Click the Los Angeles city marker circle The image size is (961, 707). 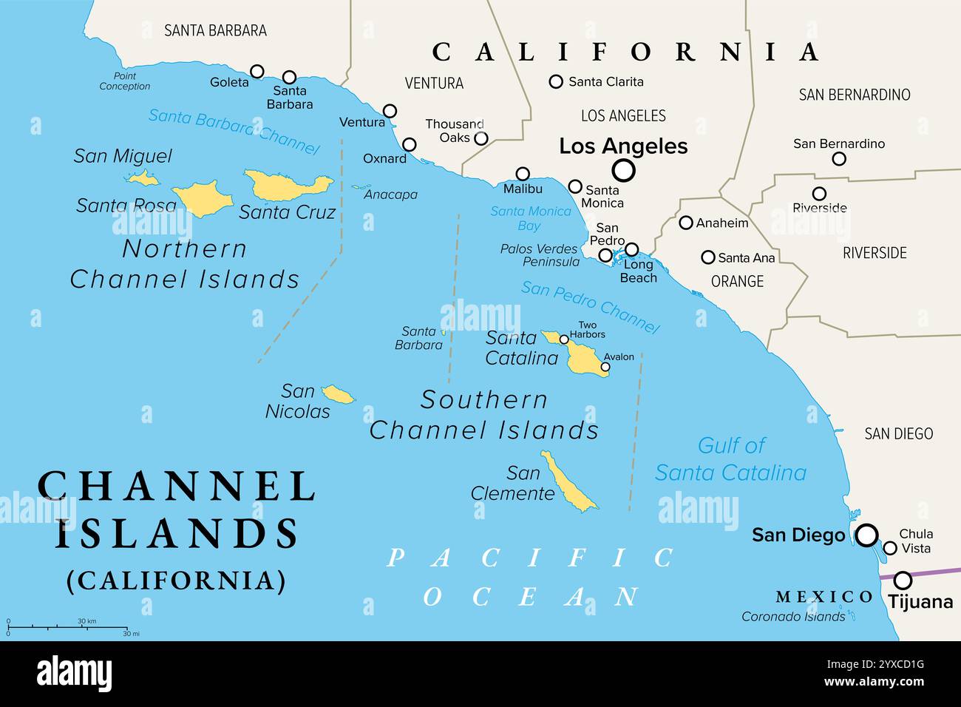(x=624, y=171)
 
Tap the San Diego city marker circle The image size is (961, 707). (x=866, y=535)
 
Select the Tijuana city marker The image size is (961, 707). (x=903, y=580)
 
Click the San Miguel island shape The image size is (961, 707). (x=141, y=177)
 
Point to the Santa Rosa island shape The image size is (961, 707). (x=203, y=198)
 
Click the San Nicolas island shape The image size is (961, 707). (x=339, y=394)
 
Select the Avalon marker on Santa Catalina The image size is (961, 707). (x=605, y=367)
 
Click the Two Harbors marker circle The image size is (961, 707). (x=564, y=339)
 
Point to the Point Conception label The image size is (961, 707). (x=125, y=81)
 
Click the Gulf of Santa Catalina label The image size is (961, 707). (x=730, y=459)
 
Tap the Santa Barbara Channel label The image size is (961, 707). (x=234, y=131)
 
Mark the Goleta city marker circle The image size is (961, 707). (x=257, y=71)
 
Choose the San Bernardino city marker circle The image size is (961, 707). (x=839, y=158)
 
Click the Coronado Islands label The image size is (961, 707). (x=792, y=616)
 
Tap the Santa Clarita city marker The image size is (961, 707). (x=556, y=81)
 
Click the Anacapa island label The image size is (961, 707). (x=390, y=194)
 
